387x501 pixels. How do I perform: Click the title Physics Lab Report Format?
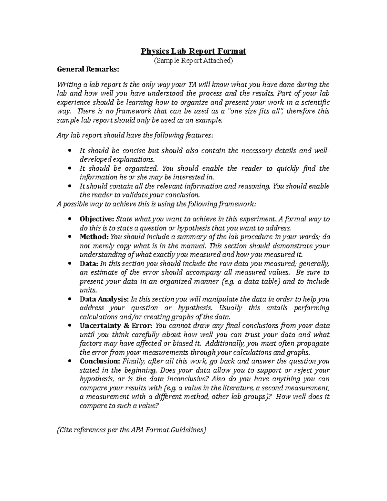coord(193,51)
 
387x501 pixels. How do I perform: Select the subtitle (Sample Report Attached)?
coord(193,60)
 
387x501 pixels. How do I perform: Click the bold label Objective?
coord(97,219)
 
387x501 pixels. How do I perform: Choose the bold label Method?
coord(94,237)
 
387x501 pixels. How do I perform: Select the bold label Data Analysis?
coord(104,299)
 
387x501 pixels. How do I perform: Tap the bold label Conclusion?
coord(100,361)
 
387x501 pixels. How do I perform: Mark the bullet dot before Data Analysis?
coord(70,299)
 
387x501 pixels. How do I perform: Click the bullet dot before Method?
coord(70,237)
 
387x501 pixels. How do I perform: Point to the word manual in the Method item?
coord(195,246)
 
